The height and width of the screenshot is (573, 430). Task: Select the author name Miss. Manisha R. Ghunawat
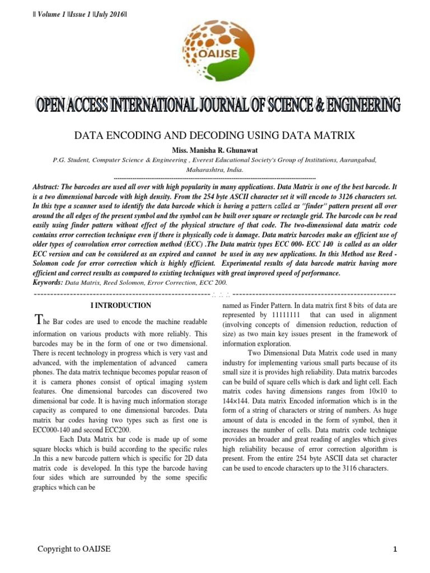pos(215,149)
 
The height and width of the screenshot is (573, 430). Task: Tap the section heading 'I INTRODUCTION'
pos(120,306)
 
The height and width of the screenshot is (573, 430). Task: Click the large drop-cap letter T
pos(38,320)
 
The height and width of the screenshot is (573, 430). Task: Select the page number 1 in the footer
pos(395,550)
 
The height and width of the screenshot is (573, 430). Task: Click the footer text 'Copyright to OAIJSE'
pos(74,549)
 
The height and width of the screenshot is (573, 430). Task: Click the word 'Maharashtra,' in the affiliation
pos(207,168)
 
